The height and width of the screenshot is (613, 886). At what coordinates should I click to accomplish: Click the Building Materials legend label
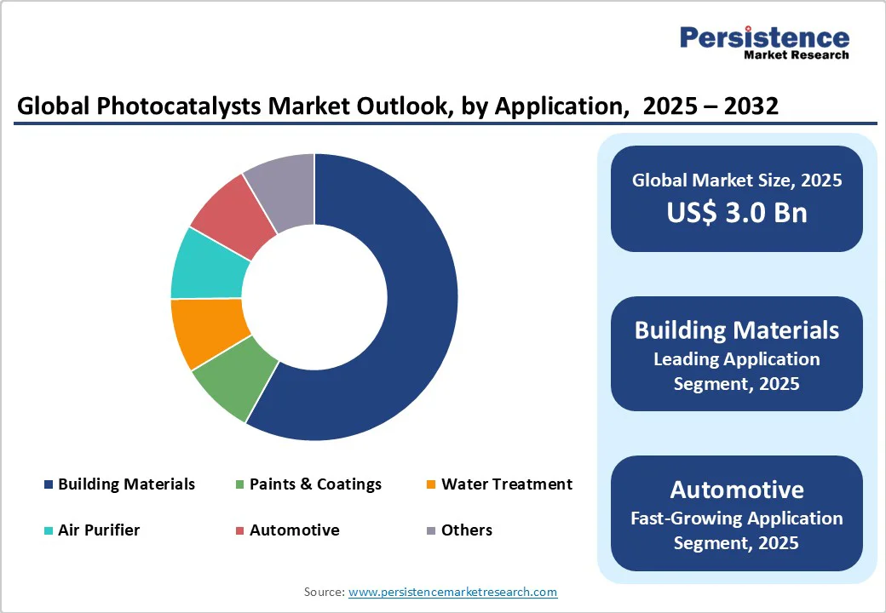pyautogui.click(x=126, y=484)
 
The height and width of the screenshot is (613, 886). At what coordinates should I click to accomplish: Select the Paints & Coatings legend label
pyautogui.click(x=315, y=484)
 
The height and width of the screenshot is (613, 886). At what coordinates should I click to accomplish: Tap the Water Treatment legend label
pyautogui.click(x=507, y=484)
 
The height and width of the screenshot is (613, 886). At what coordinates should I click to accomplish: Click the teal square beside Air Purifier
pyautogui.click(x=49, y=530)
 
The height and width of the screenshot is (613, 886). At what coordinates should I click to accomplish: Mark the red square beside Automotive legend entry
pyautogui.click(x=240, y=530)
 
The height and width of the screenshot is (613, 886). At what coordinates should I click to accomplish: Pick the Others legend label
pyautogui.click(x=466, y=530)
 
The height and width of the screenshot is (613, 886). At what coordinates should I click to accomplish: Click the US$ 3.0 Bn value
pyautogui.click(x=737, y=211)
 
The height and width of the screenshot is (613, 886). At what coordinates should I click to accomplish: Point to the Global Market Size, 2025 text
pyautogui.click(x=737, y=180)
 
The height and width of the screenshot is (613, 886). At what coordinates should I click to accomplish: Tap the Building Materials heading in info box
pyautogui.click(x=737, y=330)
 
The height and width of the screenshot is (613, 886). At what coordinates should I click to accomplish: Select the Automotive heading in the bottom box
pyautogui.click(x=737, y=490)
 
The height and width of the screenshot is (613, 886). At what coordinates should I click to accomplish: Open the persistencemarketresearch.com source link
pyautogui.click(x=452, y=592)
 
